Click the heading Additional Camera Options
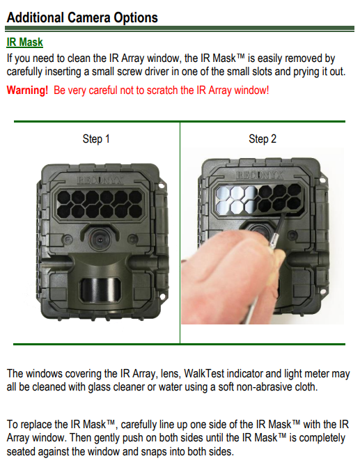[x=82, y=17]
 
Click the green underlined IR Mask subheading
[x=25, y=42]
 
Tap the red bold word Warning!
[x=27, y=90]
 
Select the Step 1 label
[x=96, y=139]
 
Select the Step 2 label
[x=263, y=139]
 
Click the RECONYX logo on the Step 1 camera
[x=100, y=180]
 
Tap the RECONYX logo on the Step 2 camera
[x=259, y=175]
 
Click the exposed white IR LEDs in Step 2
[x=235, y=199]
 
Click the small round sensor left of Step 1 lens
[x=68, y=239]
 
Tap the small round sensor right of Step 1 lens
[x=132, y=238]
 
